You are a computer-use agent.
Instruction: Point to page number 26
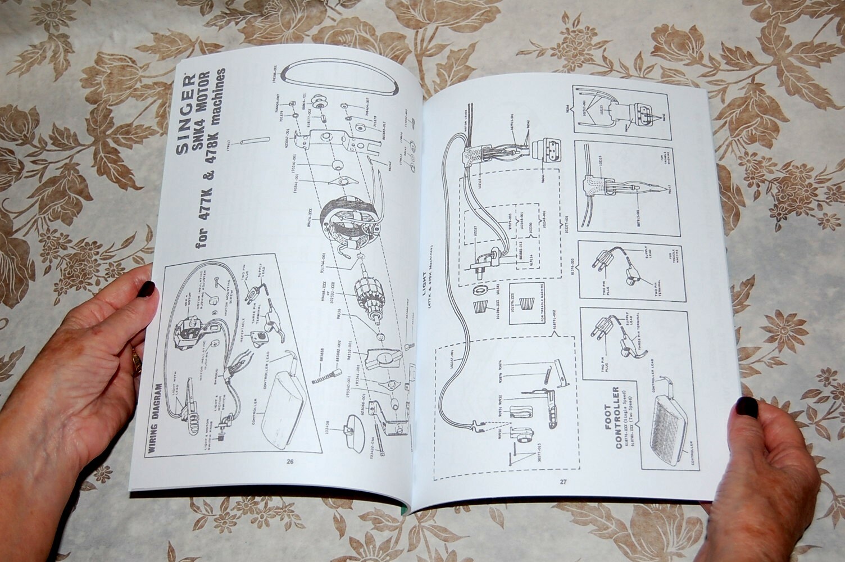point(290,462)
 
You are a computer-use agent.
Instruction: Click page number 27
point(563,481)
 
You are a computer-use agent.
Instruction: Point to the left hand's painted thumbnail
point(147,289)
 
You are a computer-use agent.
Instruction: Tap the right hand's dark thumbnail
point(747,407)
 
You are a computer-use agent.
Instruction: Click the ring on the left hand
point(137,360)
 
